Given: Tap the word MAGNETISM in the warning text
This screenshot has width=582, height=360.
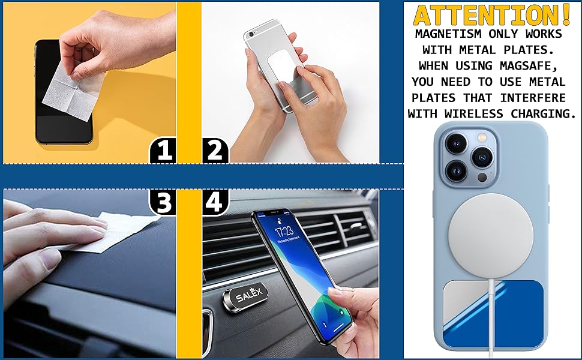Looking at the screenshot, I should pos(446,34).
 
